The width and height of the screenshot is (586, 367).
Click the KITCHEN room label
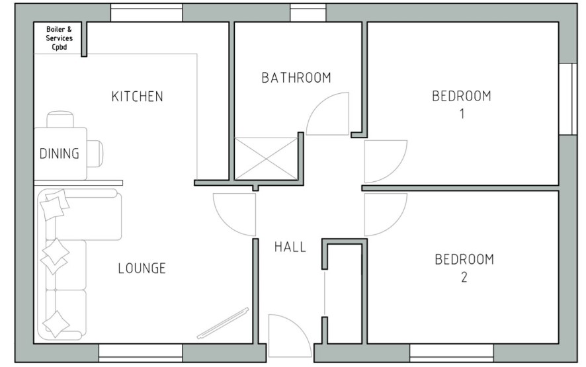click(137, 97)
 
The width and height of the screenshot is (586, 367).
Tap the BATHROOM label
click(296, 78)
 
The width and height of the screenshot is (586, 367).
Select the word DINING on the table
click(60, 153)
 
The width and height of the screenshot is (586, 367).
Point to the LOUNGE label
click(142, 268)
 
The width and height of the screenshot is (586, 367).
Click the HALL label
click(290, 247)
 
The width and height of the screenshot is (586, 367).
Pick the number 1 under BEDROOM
click(462, 114)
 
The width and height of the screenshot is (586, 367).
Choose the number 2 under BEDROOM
click(464, 277)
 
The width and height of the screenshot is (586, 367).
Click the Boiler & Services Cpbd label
click(59, 38)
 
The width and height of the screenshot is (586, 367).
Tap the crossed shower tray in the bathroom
click(266, 159)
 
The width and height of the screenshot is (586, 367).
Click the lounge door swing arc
click(224, 224)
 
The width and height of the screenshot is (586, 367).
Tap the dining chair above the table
click(60, 119)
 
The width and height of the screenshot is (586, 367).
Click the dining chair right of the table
click(95, 153)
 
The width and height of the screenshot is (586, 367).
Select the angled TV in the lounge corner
click(224, 323)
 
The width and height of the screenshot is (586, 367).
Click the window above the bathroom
click(308, 13)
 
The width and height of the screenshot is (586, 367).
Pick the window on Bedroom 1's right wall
click(568, 99)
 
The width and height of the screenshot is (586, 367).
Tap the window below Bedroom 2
click(452, 353)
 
